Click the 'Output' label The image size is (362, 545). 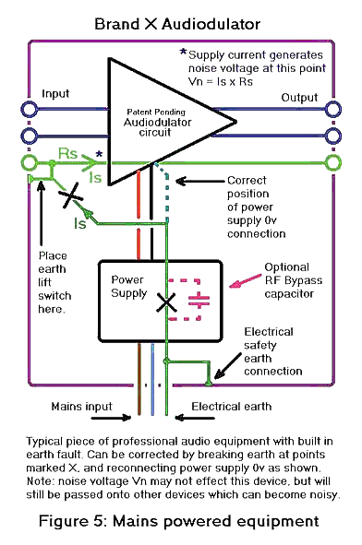point(300,98)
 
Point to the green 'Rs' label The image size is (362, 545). point(67,151)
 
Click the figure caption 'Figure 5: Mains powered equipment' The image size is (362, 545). point(181,521)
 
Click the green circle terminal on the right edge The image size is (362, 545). point(331,164)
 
